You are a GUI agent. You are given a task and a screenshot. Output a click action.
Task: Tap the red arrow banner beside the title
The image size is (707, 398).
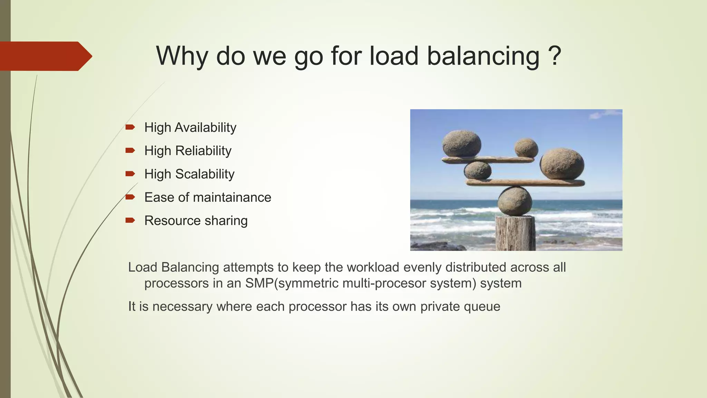45,56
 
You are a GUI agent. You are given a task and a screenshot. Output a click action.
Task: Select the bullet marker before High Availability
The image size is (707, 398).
130,127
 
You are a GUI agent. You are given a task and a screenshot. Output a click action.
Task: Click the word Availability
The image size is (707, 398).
205,127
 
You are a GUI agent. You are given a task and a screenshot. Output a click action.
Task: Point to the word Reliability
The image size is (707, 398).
203,151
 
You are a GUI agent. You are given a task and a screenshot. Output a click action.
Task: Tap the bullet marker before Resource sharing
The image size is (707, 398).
130,220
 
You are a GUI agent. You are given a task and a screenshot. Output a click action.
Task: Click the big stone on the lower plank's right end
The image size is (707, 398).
562,164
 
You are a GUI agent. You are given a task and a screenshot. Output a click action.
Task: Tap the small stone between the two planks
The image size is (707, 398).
477,170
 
